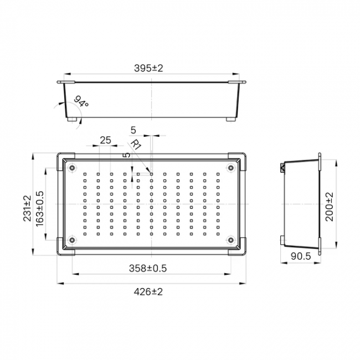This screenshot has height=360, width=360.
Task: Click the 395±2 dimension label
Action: point(148,68)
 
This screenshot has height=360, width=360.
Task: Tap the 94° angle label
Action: point(81,101)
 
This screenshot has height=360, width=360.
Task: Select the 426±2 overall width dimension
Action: point(148,292)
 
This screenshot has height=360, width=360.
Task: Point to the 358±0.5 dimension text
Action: point(148,268)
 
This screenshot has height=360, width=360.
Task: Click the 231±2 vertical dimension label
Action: point(27,208)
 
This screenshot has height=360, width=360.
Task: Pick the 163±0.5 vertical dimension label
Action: point(40,209)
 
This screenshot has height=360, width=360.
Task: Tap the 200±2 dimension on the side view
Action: point(330,207)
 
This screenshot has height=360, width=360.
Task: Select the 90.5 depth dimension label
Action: point(301,256)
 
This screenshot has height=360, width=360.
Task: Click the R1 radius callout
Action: point(136,145)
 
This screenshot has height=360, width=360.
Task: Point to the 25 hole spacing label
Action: point(106,140)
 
